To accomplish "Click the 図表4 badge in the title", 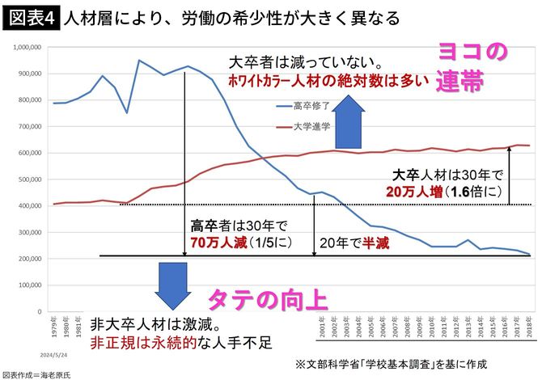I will coord(30,18).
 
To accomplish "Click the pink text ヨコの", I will coord(473,53).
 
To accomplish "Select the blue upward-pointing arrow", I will coord(353,119).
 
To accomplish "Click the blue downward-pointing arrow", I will coord(173,284).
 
